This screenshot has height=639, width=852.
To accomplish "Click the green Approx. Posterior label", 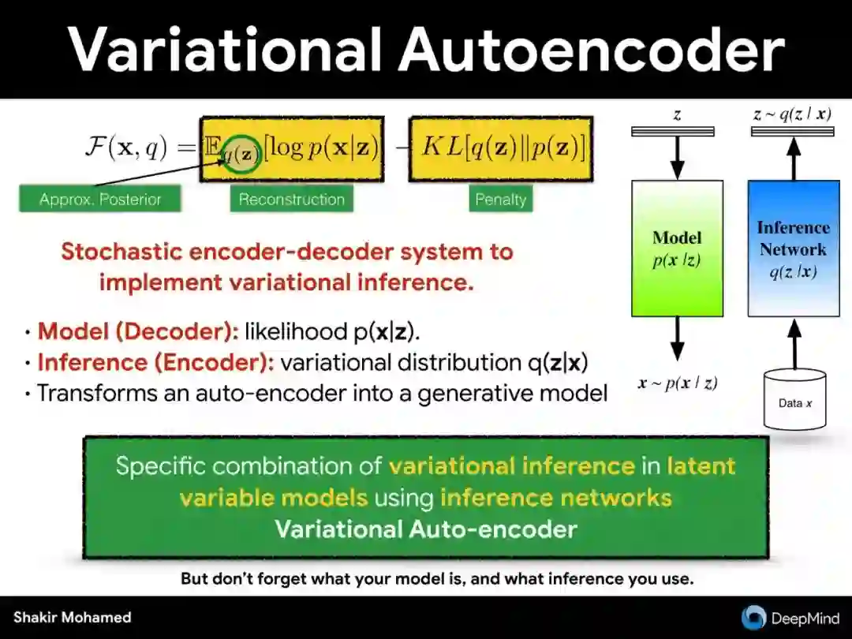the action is pyautogui.click(x=99, y=200).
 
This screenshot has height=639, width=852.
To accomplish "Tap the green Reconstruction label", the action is pyautogui.click(x=292, y=200).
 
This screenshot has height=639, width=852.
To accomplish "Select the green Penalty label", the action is pyautogui.click(x=500, y=200).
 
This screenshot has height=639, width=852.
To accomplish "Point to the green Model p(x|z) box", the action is pyautogui.click(x=677, y=248).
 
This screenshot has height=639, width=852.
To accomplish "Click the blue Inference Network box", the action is pyautogui.click(x=793, y=248).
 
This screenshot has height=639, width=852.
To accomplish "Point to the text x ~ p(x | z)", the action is pyautogui.click(x=678, y=383).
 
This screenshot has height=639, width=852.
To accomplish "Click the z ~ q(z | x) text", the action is pyautogui.click(x=792, y=114).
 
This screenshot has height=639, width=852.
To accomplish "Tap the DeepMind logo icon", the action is pyautogui.click(x=753, y=617).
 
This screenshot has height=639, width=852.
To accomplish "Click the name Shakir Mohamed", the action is pyautogui.click(x=72, y=618).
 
